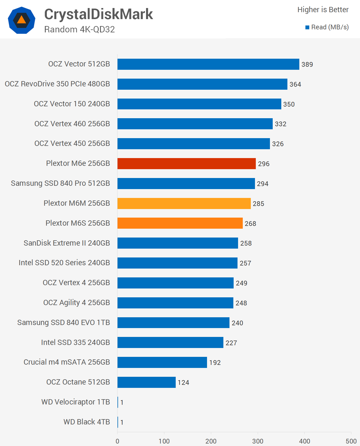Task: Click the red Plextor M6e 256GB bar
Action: click(187, 164)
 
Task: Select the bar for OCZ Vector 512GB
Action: click(208, 64)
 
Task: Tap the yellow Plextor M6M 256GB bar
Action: click(184, 203)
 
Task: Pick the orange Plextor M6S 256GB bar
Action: click(180, 223)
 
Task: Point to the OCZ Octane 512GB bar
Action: click(146, 382)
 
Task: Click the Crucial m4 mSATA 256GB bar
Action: click(162, 362)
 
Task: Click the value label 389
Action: click(307, 65)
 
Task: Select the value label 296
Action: click(264, 164)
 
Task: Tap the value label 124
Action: click(183, 383)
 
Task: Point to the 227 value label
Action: click(231, 343)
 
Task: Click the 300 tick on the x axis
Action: click(258, 441)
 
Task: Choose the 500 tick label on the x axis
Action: click(351, 441)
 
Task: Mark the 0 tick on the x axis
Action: click(118, 441)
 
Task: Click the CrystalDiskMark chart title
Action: click(98, 14)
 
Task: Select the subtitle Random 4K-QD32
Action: click(80, 29)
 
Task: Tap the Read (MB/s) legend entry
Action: click(327, 27)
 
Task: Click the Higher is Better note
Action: click(323, 10)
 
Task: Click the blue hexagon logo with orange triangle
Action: click(22, 20)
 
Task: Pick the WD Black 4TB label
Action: click(86, 422)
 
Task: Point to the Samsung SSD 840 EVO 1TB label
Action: click(63, 323)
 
